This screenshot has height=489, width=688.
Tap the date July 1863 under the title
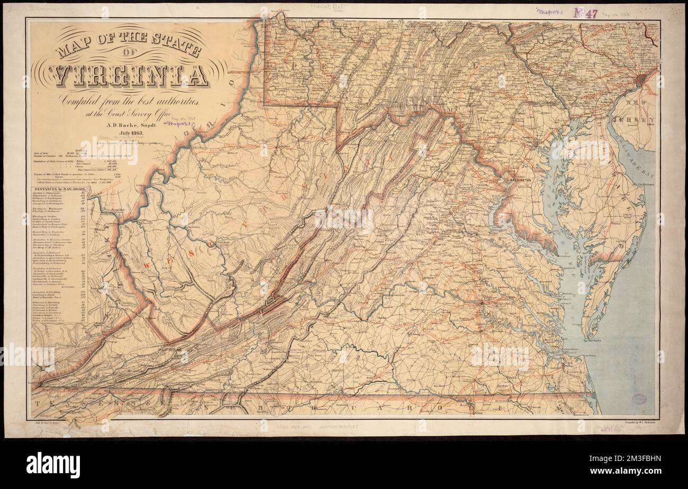(x=120, y=132)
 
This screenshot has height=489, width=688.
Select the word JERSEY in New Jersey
(x=642, y=121)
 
